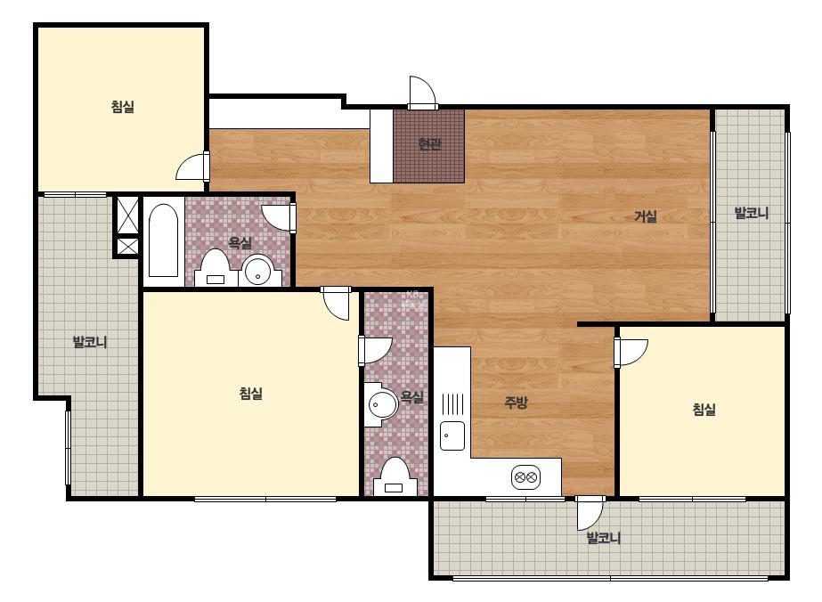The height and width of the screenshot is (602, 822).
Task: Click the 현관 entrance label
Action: tap(429, 143)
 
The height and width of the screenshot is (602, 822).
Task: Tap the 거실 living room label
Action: tap(646, 216)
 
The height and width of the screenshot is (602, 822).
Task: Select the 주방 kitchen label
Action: tap(516, 403)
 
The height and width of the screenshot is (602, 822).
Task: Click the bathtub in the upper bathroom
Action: tap(163, 240)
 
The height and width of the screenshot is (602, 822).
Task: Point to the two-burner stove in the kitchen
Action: tap(525, 477)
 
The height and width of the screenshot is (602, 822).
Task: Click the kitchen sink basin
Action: tap(452, 435)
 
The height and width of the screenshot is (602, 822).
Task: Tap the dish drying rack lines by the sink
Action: tap(452, 404)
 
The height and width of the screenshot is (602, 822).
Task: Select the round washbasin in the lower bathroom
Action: tap(382, 404)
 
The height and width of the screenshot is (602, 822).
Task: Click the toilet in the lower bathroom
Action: tap(395, 476)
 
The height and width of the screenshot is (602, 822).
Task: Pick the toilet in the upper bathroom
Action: tap(216, 267)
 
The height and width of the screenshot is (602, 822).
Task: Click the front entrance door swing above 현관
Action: tap(422, 93)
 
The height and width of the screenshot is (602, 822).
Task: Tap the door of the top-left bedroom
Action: tap(192, 167)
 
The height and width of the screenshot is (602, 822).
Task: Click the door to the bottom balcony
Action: tap(590, 513)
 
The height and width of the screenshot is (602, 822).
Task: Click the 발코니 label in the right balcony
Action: tap(752, 213)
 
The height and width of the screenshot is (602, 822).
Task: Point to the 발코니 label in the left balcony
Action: tap(90, 343)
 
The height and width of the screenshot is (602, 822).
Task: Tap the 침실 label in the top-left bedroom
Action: tap(123, 107)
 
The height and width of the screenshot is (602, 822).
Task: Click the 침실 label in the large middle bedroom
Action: tap(250, 394)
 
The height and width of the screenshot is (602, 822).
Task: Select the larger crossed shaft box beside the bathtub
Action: tap(127, 215)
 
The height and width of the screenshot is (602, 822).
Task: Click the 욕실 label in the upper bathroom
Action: tap(240, 242)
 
